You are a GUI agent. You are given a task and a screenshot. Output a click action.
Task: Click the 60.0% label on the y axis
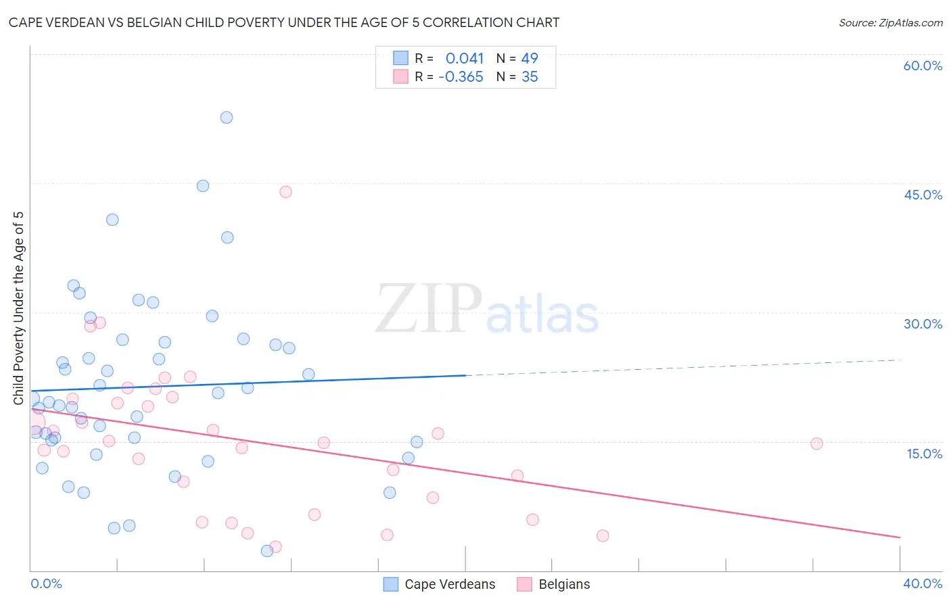point(923,66)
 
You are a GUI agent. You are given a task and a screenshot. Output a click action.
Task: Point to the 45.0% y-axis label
point(923,195)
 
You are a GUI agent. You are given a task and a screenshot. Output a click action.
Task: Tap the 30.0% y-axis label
point(923,324)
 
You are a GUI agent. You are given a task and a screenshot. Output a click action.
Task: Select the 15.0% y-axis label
point(924,454)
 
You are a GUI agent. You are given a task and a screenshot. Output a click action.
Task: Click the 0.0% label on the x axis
point(46,583)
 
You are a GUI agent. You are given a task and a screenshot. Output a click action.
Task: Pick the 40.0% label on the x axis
point(923,583)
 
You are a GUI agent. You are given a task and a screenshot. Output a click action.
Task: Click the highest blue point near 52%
point(227,118)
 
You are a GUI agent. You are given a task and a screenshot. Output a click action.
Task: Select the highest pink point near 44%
point(285,192)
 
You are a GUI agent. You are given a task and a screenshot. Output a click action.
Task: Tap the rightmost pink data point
point(816,443)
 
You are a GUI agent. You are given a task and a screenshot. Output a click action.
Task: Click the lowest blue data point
point(267,551)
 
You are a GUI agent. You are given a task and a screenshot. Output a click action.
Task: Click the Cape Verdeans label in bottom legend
point(450,585)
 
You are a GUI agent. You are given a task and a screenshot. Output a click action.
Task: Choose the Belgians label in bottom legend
point(564,585)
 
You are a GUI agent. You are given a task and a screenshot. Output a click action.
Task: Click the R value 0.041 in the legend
point(465,59)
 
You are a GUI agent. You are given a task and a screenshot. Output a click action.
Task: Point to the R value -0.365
point(461,77)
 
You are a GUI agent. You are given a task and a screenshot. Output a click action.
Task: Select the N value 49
point(530,59)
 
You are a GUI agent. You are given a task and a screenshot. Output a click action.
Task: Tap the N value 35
point(530,77)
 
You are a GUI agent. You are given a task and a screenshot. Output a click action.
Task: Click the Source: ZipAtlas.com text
point(890,23)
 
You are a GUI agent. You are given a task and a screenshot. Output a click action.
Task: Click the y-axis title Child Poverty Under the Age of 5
point(19,308)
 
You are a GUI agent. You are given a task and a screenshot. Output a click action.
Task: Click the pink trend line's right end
point(900,537)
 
